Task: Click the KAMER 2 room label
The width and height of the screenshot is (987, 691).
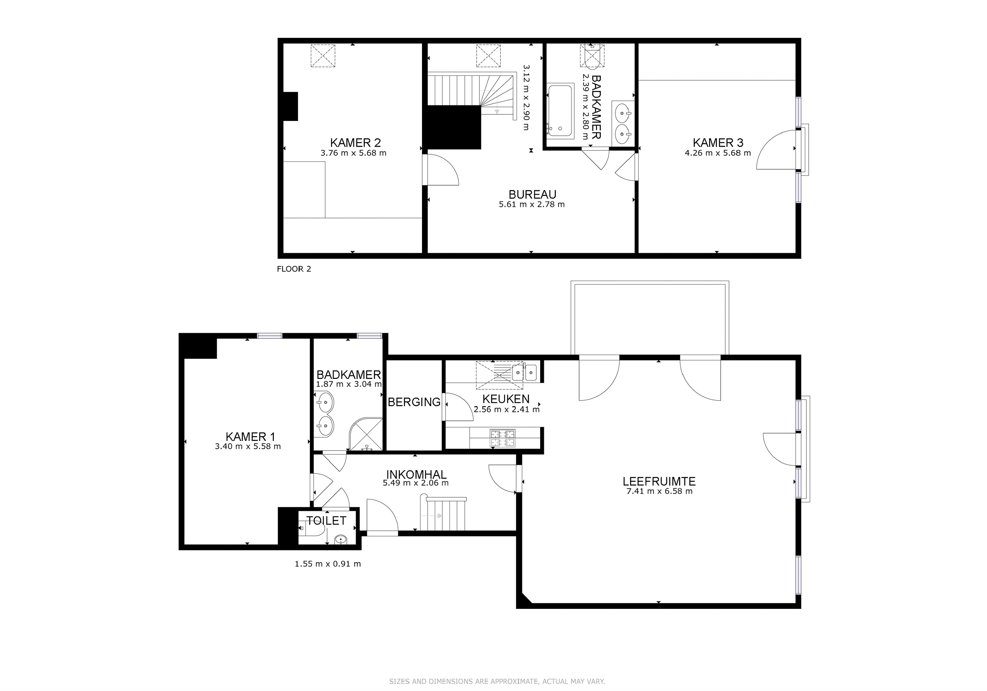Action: point(355,142)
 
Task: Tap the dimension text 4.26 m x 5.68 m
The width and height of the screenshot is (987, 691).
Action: point(717,153)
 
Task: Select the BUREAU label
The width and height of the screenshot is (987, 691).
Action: point(532,194)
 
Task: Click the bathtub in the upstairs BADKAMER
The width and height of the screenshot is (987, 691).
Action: point(560,111)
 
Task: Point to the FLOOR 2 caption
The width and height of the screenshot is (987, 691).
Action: point(294,269)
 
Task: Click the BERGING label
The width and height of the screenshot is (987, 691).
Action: point(414,402)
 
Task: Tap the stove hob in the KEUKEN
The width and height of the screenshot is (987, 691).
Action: point(503,438)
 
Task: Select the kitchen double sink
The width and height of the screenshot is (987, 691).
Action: point(524,372)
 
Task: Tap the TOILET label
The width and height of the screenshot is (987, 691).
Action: point(326,521)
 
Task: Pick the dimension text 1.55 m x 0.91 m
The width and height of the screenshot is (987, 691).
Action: point(328,564)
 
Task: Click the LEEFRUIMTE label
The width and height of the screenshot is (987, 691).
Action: point(659,482)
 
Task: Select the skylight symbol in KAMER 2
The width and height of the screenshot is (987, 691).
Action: point(323,55)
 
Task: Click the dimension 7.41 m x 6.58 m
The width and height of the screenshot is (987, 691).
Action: point(659,491)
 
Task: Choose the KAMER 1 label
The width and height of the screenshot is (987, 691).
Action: point(250,437)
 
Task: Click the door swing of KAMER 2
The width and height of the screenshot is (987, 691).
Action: point(443,170)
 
